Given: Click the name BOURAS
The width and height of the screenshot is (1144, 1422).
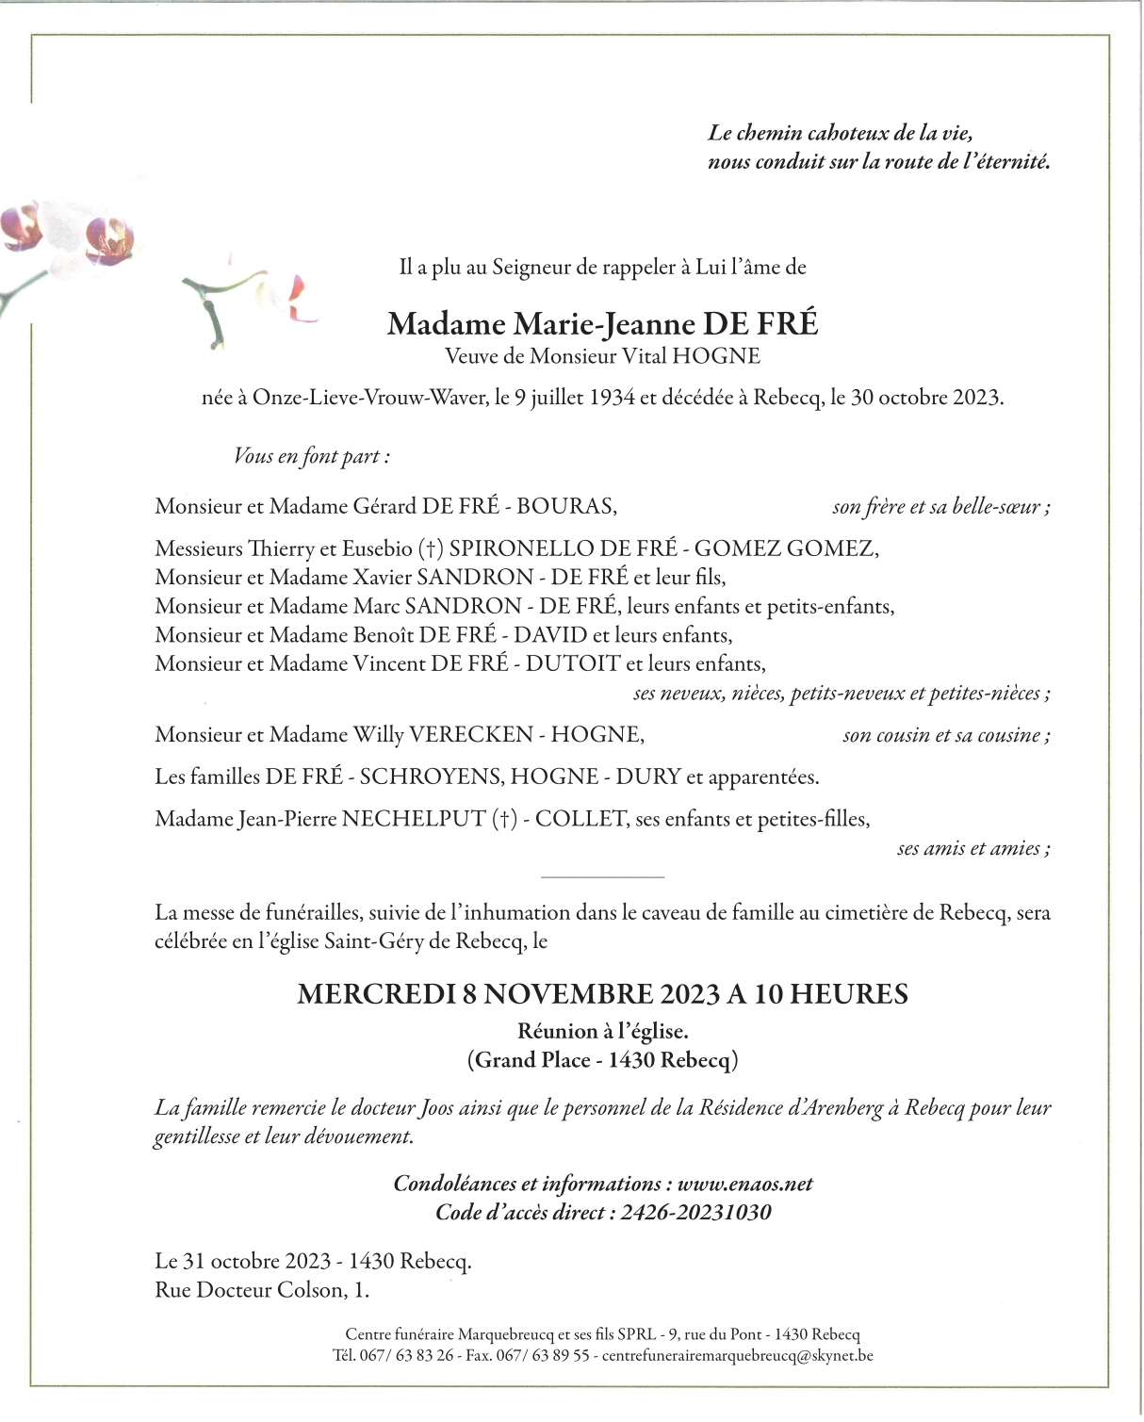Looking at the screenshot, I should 565,506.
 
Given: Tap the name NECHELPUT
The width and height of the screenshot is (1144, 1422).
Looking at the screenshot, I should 414,820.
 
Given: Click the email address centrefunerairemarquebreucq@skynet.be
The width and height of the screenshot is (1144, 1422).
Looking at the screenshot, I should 737,1356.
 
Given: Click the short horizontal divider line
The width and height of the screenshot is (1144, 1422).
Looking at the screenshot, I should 603,877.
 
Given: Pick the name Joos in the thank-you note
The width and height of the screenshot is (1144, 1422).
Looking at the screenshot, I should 436,1108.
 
